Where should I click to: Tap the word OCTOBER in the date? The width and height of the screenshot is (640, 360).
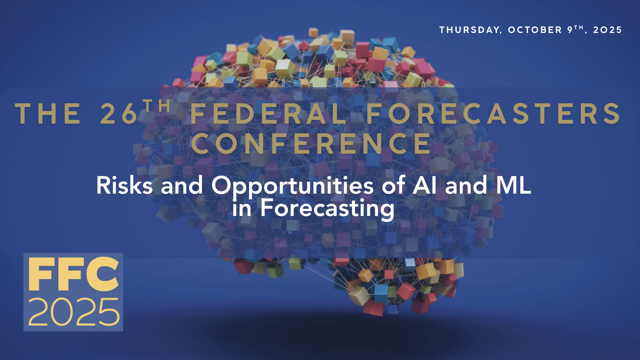pos(535,30)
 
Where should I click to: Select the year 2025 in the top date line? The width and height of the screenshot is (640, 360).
pos(607,30)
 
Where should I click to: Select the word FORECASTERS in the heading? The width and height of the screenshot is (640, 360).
pos(493,114)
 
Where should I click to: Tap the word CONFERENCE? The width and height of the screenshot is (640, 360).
pos(311,144)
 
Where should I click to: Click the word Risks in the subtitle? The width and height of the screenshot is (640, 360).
pos(124,185)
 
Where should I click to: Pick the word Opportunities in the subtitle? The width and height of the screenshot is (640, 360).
pos(292,186)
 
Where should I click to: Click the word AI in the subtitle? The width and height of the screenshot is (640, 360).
pos(424,185)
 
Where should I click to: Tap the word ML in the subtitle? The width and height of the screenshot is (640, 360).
pos(513,185)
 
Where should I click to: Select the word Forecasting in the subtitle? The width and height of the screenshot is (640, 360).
pos(327,209)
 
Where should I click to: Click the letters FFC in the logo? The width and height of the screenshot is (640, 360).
pos(73,274)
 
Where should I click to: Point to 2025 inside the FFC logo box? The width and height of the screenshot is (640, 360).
pos(74,312)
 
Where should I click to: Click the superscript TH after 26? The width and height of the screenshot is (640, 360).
pos(157,106)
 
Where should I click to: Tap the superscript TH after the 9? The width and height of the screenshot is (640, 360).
pos(579,27)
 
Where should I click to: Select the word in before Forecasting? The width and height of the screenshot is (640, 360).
pos(242,208)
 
